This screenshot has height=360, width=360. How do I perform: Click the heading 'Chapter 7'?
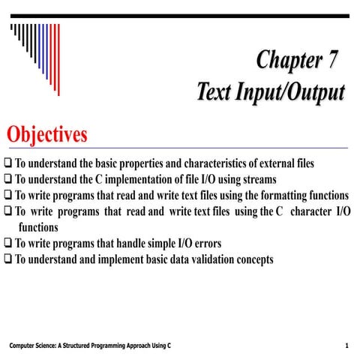[298, 59]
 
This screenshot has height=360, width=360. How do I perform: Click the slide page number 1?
[347, 345]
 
